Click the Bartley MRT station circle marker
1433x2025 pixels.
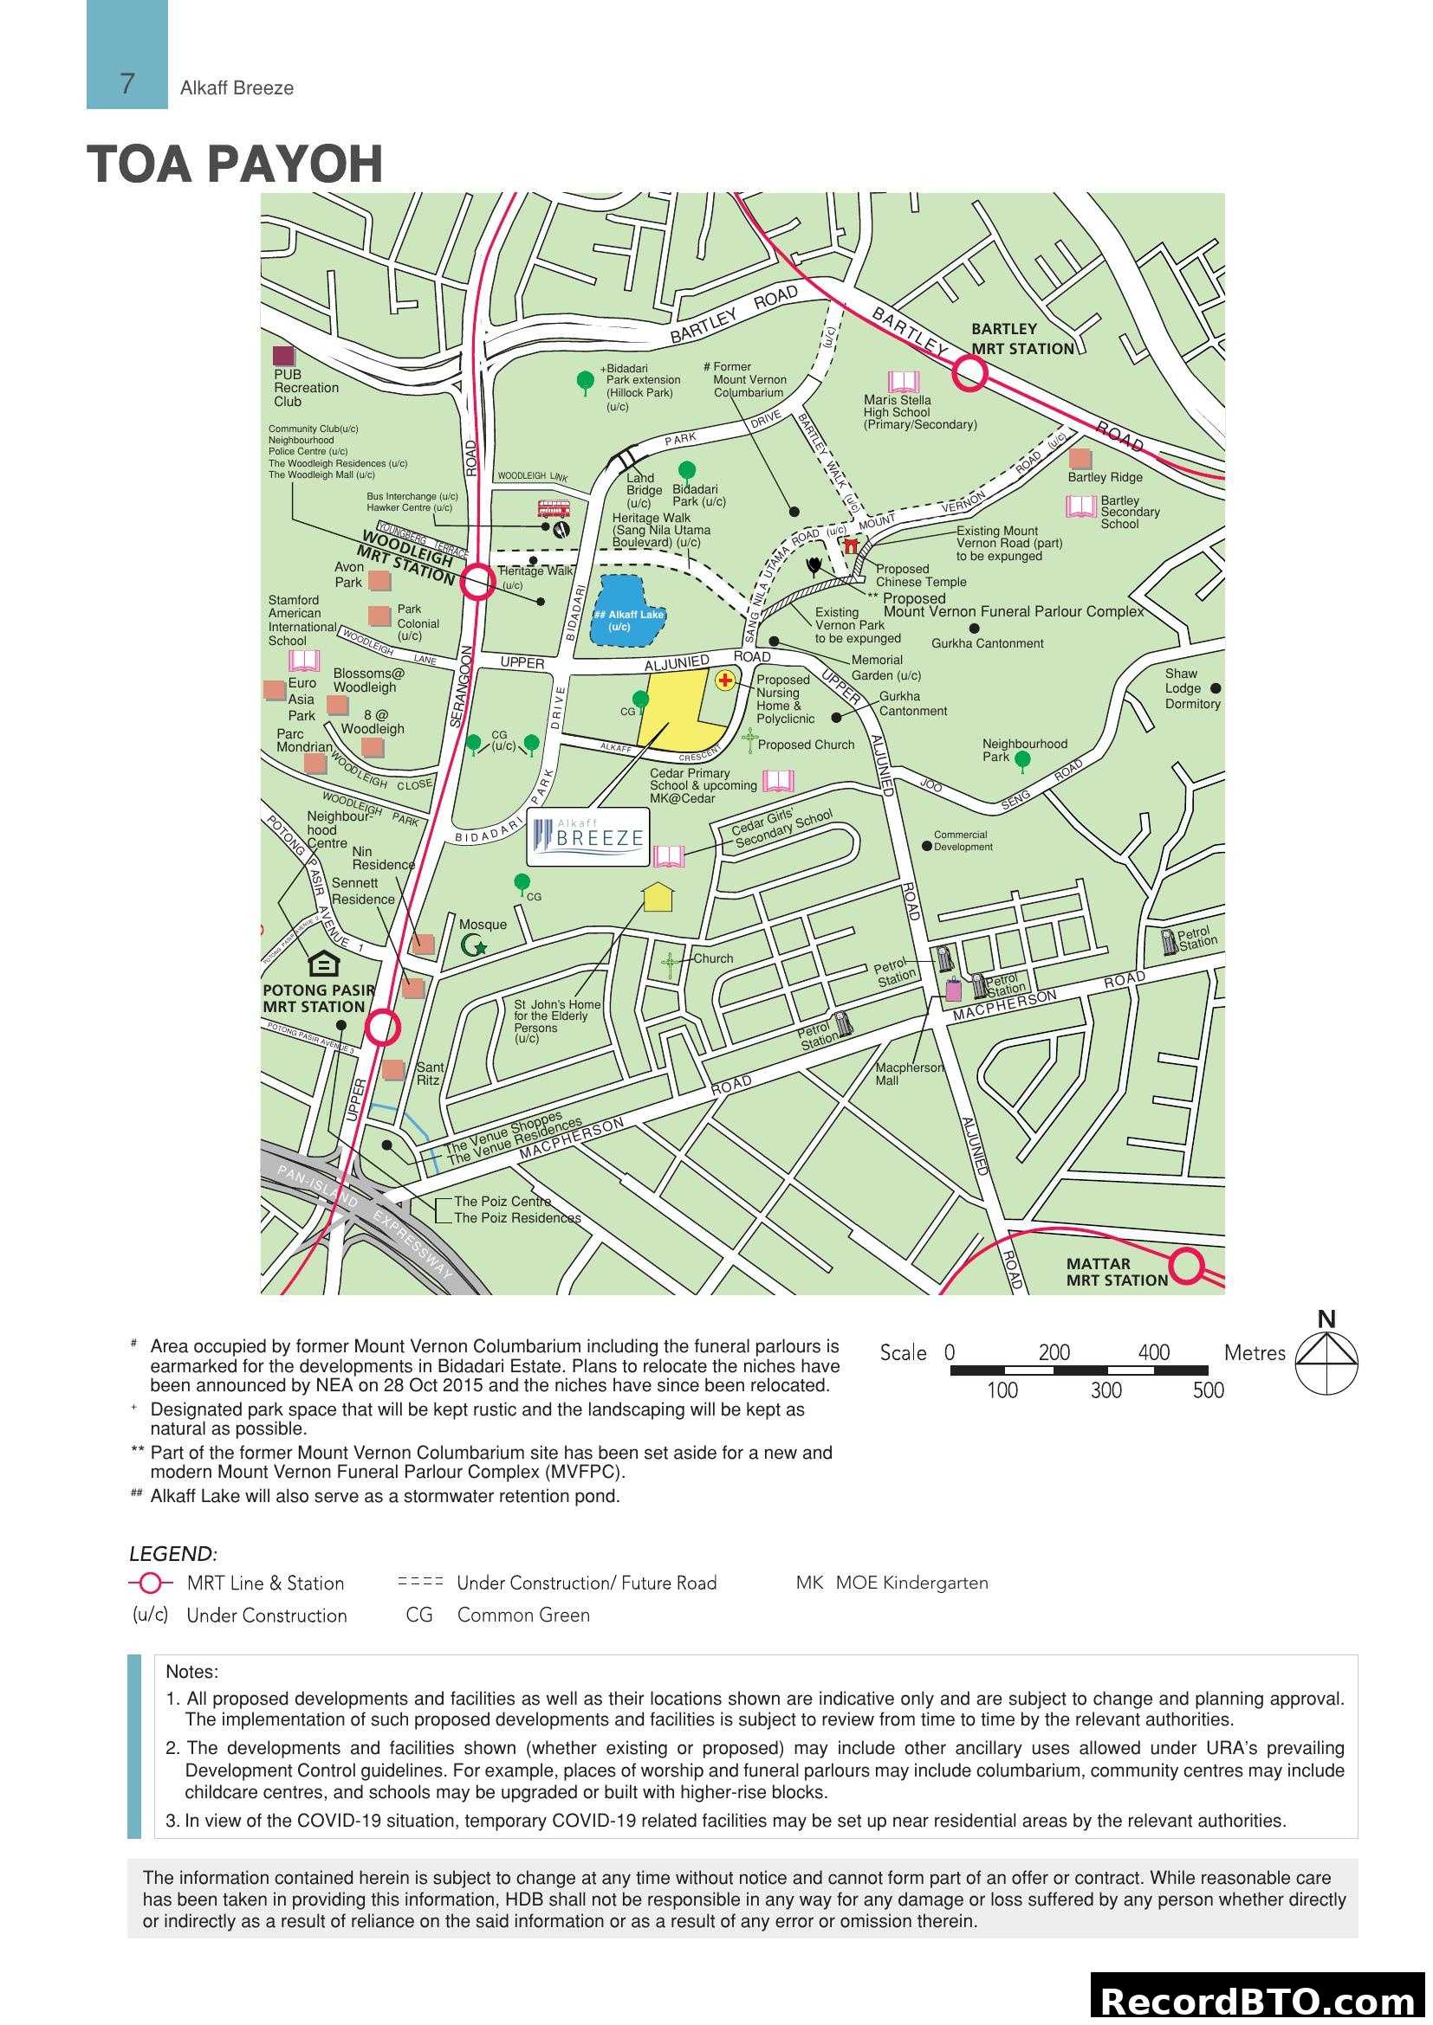pos(969,374)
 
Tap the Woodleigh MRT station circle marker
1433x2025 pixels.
pos(478,582)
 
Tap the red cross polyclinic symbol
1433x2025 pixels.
pos(724,680)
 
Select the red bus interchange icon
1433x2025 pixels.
pos(554,509)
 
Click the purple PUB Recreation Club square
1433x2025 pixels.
pos(284,357)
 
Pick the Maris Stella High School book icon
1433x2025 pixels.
pos(904,382)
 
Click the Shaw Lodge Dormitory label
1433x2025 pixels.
pos(1191,689)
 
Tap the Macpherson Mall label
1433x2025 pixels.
pos(909,1074)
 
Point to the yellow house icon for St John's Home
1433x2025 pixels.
pos(658,897)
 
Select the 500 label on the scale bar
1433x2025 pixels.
pos(1208,1391)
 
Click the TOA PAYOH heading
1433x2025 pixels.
pos(235,164)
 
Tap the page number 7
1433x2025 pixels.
pos(127,84)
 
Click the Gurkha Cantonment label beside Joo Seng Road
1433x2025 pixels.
pos(912,704)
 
